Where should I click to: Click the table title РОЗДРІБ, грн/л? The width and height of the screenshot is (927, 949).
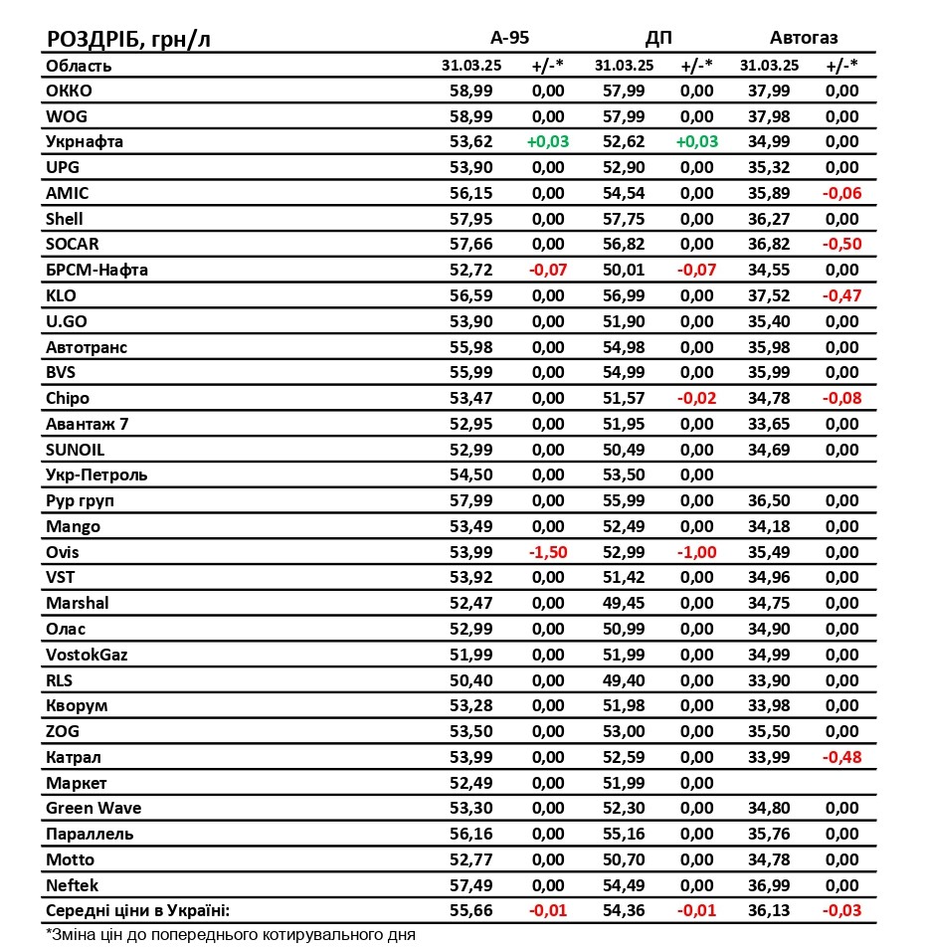pyautogui.click(x=128, y=39)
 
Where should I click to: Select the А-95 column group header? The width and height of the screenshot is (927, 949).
pyautogui.click(x=509, y=38)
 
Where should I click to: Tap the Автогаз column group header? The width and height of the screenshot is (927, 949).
pyautogui.click(x=804, y=38)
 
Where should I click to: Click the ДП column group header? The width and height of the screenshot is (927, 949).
pyautogui.click(x=658, y=38)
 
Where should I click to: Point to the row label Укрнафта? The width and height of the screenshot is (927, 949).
pyautogui.click(x=85, y=141)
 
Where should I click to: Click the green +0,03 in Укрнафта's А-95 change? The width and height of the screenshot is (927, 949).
pyautogui.click(x=547, y=141)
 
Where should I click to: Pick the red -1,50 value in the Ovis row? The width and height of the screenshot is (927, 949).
pyautogui.click(x=547, y=552)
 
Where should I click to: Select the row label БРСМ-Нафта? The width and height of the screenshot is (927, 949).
pyautogui.click(x=96, y=270)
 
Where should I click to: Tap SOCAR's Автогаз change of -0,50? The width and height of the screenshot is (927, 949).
pyautogui.click(x=840, y=244)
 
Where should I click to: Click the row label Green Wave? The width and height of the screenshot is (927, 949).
pyautogui.click(x=93, y=809)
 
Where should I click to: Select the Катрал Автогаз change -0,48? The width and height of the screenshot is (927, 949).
pyautogui.click(x=840, y=757)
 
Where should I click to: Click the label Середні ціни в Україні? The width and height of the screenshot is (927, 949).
pyautogui.click(x=137, y=910)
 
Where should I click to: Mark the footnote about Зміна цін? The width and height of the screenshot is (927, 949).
pyautogui.click(x=230, y=935)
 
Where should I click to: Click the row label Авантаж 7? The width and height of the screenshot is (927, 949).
pyautogui.click(x=87, y=424)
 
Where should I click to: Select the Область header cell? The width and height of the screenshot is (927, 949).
pyautogui.click(x=79, y=66)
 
